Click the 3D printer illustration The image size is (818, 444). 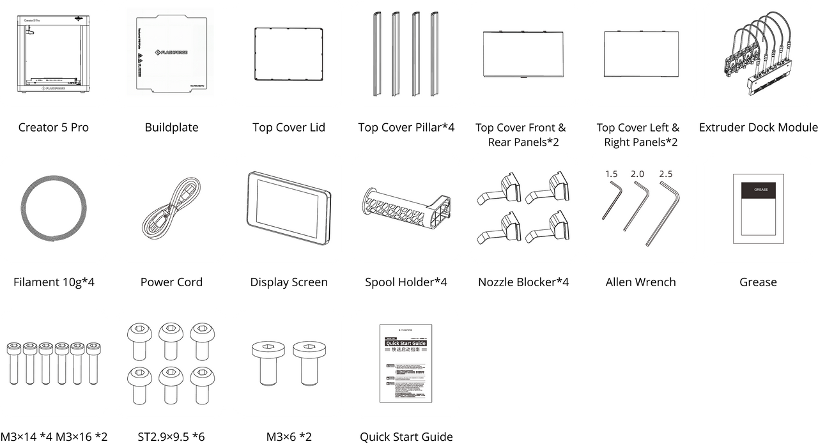[x=54, y=54]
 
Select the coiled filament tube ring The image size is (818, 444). [x=54, y=209]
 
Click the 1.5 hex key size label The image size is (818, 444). [x=612, y=174]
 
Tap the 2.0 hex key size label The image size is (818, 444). [x=637, y=174]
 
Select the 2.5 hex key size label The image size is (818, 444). [x=665, y=174]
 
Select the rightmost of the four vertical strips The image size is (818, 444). [x=435, y=54]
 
